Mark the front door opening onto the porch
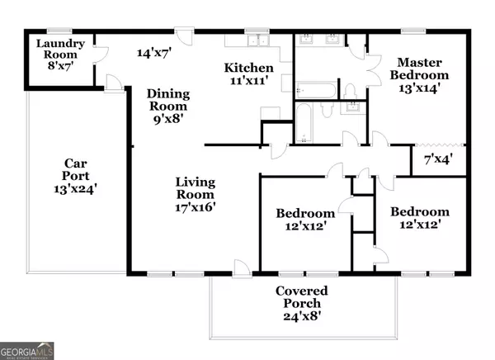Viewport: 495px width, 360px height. pyautogui.click(x=241, y=267)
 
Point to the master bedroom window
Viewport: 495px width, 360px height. pyautogui.click(x=412, y=32)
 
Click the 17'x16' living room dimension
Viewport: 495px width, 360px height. pyautogui.click(x=196, y=209)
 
